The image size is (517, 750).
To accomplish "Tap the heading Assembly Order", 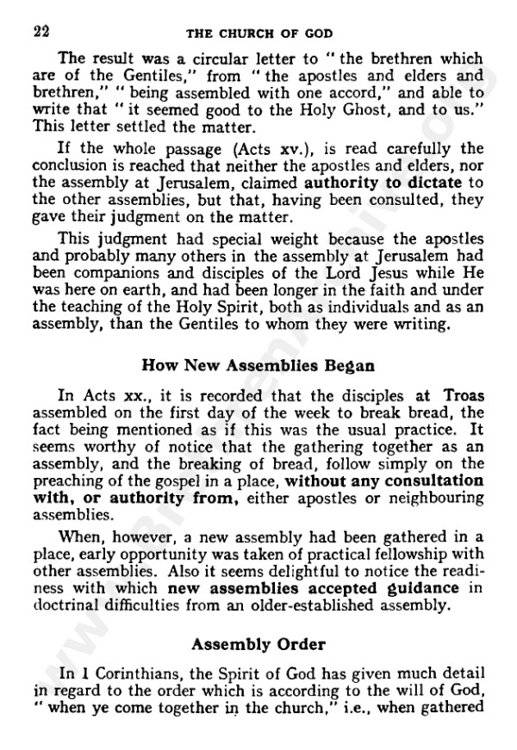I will tap(258, 642).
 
